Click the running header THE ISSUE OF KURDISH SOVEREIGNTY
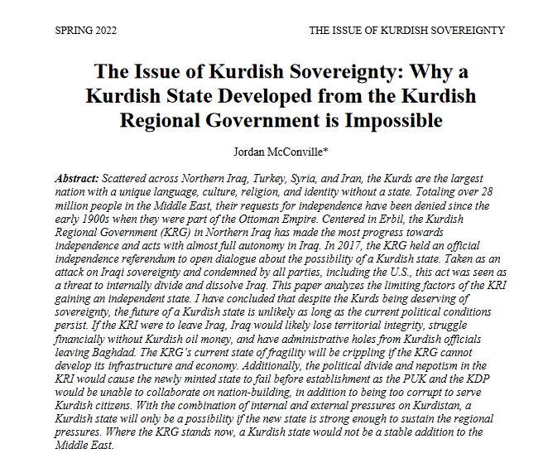point(406,31)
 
